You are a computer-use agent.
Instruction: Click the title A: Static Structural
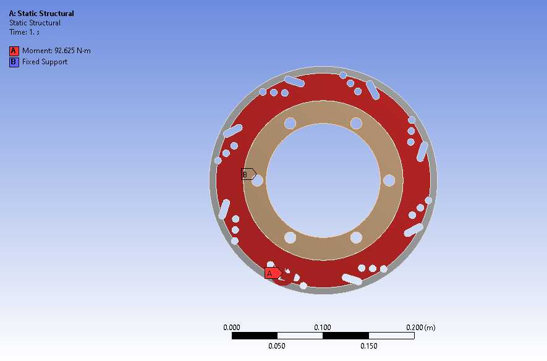coord(41,14)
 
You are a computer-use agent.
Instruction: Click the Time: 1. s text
coord(24,32)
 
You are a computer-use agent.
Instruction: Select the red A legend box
coord(14,51)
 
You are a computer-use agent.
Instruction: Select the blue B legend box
coord(14,62)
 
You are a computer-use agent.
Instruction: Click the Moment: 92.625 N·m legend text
coord(56,51)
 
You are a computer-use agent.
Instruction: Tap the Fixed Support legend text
coord(45,62)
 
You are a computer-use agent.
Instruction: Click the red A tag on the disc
coord(273,273)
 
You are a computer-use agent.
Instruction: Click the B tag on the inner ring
coord(248,174)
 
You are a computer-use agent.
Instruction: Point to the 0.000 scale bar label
coord(232,328)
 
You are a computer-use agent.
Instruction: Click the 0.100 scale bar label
coord(323,328)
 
